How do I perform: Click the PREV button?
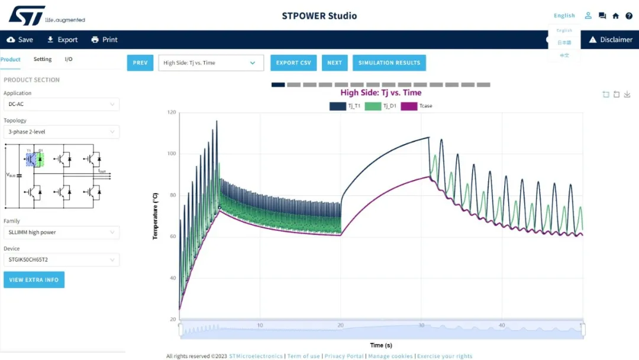point(140,63)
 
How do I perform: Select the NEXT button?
point(334,63)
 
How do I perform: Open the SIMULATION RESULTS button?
point(389,63)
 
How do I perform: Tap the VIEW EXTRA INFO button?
point(34,279)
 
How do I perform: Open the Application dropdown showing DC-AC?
point(61,104)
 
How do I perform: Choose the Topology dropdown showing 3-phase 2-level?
point(61,132)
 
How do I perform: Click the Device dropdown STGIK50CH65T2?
point(61,260)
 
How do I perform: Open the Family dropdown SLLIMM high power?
point(61,232)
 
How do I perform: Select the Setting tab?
point(43,59)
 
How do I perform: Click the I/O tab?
point(69,59)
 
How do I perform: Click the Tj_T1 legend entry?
point(346,106)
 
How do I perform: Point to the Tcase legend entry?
point(417,106)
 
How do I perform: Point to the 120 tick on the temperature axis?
point(172,112)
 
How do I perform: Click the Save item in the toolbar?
point(20,40)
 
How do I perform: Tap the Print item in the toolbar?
point(104,40)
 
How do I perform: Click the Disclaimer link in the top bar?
point(610,40)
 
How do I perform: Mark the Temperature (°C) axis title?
point(156,216)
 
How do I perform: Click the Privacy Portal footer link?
point(344,356)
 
